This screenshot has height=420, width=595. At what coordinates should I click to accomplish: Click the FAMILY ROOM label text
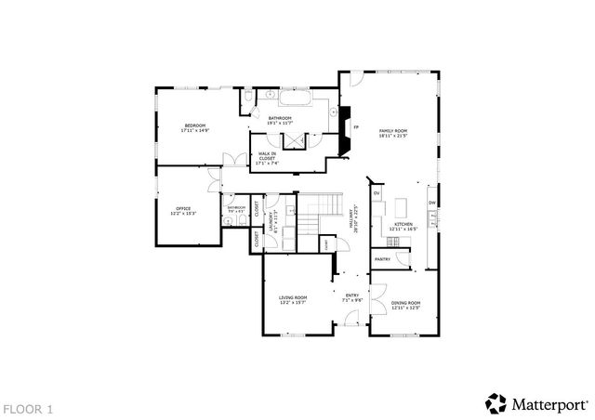click(393, 133)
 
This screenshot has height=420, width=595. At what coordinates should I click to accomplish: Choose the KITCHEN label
click(403, 226)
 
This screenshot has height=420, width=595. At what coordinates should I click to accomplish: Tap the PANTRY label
click(382, 259)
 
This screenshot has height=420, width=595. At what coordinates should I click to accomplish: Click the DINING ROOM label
click(405, 305)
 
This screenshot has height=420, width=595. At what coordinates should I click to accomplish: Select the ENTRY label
click(352, 298)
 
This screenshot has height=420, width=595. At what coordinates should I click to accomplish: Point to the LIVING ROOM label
click(293, 299)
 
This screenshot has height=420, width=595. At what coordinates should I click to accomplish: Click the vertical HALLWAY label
click(352, 219)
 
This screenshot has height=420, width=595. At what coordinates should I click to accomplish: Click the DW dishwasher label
click(432, 203)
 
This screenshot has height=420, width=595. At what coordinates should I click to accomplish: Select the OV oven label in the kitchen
click(377, 193)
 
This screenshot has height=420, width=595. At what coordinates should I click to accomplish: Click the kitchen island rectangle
click(402, 205)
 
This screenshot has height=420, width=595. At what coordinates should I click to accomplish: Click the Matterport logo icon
click(495, 403)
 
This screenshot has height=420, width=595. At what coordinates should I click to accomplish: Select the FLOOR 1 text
click(29, 408)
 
